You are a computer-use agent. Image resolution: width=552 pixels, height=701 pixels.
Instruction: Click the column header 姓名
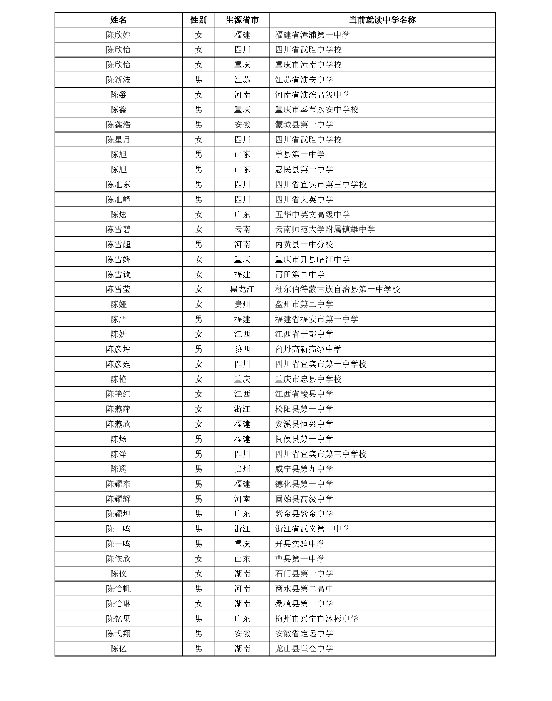[118, 20]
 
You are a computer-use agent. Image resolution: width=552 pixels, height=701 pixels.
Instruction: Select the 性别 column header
[199, 20]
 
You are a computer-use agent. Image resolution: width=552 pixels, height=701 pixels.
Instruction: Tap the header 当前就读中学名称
[382, 20]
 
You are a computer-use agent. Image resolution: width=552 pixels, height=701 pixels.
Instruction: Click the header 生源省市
[242, 20]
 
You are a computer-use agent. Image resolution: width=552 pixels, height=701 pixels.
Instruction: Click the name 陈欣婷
[118, 35]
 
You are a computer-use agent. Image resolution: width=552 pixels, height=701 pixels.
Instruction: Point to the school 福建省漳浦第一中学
[312, 35]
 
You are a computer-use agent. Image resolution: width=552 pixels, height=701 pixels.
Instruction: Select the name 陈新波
[118, 80]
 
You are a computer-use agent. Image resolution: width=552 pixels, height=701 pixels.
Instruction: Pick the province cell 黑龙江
[242, 289]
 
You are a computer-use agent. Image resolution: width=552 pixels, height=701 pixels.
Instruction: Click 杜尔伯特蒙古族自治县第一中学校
[337, 289]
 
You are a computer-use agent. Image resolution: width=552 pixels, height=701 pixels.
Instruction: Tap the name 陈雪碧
[118, 229]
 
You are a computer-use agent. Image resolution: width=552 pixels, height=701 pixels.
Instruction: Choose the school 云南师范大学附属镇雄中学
[325, 229]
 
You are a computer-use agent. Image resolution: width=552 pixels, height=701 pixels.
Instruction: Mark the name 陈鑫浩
[118, 124]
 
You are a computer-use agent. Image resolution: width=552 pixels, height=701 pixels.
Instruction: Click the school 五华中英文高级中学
[312, 214]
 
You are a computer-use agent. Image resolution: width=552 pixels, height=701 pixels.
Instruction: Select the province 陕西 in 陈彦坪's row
[242, 349]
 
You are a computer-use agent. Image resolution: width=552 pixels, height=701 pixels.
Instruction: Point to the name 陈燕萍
[118, 409]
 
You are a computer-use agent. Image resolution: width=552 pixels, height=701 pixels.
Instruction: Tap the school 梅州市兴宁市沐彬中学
[316, 619]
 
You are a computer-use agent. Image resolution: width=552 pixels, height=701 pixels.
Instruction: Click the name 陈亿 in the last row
[118, 648]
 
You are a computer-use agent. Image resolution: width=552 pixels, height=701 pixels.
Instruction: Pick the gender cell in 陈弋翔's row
[199, 633]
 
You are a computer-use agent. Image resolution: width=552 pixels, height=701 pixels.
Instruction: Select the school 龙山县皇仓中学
[304, 648]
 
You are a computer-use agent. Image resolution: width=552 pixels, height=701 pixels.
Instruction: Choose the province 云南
[242, 229]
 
